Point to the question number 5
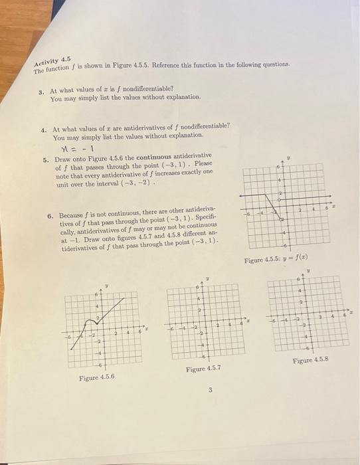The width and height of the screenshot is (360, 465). pyautogui.click(x=45, y=159)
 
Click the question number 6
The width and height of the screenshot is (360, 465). pyautogui.click(x=50, y=216)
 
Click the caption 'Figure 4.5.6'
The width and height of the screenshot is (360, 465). pyautogui.click(x=96, y=377)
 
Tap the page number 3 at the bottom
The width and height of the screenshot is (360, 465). pyautogui.click(x=210, y=390)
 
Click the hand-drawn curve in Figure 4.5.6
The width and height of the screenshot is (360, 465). pyautogui.click(x=107, y=318)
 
